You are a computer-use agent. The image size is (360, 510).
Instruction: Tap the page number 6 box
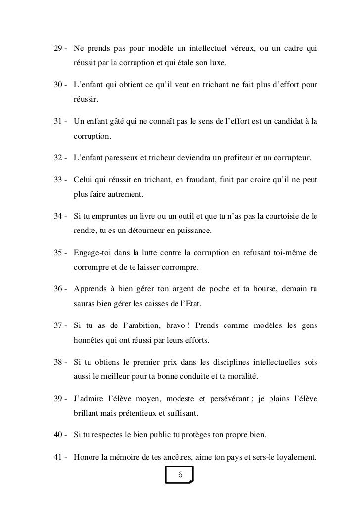(180, 475)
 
